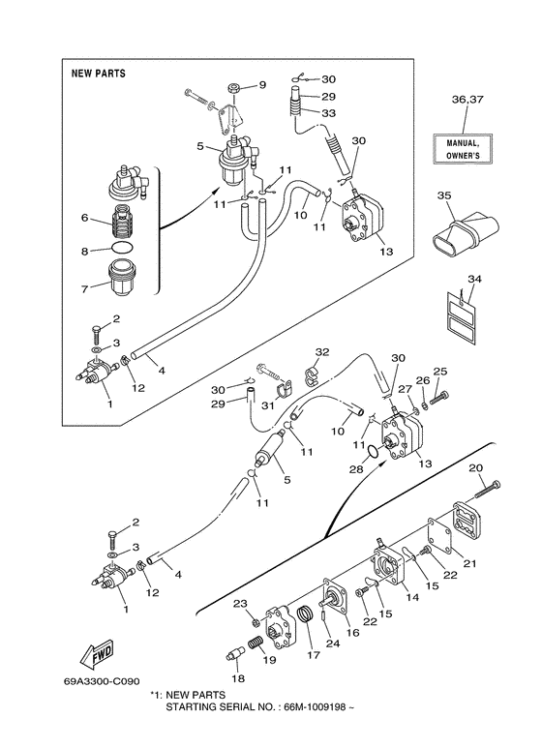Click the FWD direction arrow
coord(98,652)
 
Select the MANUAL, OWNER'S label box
coord(463,149)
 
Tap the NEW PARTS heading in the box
coord(99,74)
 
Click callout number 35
coord(444,196)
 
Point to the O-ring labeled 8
coord(122,248)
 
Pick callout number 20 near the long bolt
coord(476,468)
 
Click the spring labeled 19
coord(256,645)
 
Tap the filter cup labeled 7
coord(122,277)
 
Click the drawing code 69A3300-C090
coord(102,680)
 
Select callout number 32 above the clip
coord(322,352)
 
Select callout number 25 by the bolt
coord(440,372)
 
